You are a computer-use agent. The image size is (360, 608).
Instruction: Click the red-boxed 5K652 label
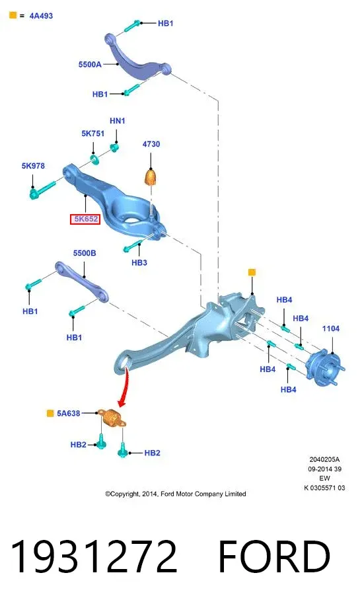[x=85, y=219]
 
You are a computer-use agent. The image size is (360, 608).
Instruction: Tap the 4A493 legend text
[x=41, y=16]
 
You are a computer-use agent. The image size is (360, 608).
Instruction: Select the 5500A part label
[x=90, y=64]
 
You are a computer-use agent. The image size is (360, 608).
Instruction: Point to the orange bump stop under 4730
[x=151, y=177]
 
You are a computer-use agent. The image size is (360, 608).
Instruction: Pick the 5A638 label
[x=68, y=413]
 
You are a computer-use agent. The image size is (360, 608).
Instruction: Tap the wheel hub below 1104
[x=325, y=368]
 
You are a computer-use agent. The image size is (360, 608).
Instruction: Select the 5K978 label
[x=33, y=166]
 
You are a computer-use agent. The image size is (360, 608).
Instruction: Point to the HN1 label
[x=118, y=121]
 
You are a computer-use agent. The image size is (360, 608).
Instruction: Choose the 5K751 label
[x=93, y=133]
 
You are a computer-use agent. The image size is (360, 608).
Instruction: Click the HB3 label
[x=139, y=262]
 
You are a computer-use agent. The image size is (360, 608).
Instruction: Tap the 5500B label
[x=85, y=253]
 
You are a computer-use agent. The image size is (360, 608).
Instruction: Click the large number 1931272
[x=93, y=556]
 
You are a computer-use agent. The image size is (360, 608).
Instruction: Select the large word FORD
[x=274, y=556]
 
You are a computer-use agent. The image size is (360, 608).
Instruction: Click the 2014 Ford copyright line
[x=176, y=494]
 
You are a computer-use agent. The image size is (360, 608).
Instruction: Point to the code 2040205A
[x=324, y=459]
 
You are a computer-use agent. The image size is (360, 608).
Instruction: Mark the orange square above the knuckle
[x=252, y=272]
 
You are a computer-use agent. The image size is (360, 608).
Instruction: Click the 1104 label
[x=331, y=329]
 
